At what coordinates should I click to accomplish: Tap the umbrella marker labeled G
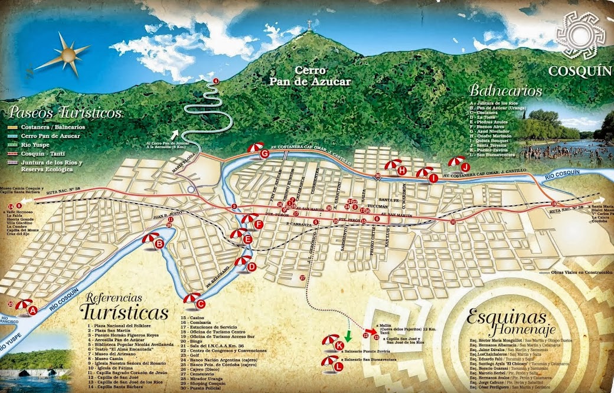259,151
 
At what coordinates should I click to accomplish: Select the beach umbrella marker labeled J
460,163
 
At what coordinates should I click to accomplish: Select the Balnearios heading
506,91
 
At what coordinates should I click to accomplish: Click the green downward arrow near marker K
348,336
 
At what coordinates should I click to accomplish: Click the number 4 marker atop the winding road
215,80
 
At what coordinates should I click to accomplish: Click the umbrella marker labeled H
396,168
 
